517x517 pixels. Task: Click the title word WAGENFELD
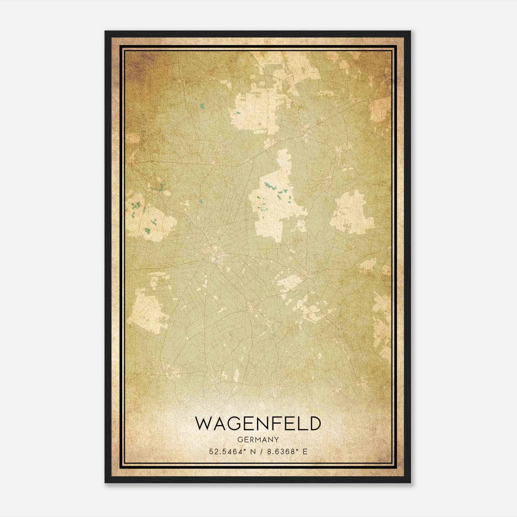(x=258, y=424)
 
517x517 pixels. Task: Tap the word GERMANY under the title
(x=258, y=439)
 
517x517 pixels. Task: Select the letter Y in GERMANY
(x=276, y=439)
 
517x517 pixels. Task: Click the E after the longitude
(x=305, y=451)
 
